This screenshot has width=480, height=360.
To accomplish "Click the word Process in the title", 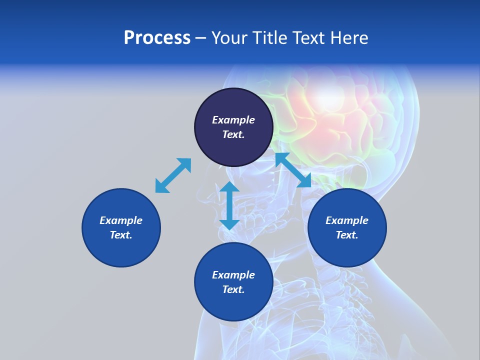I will [157, 38].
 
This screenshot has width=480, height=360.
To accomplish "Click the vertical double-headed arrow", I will [229, 205].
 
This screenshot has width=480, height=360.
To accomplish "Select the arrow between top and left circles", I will [173, 175].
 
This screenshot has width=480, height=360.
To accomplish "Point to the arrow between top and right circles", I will [293, 170].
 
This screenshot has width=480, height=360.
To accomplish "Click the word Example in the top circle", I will [233, 120].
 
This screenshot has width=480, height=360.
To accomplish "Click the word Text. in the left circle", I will [121, 235].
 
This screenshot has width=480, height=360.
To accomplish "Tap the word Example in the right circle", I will [347, 220].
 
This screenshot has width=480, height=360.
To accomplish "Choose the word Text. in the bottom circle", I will [233, 289].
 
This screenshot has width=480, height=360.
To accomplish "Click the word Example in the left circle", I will [121, 220].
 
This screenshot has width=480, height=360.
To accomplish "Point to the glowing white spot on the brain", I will [330, 97].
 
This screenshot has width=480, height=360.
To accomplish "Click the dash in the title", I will [200, 38].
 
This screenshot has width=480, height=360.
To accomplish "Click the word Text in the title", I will [309, 38].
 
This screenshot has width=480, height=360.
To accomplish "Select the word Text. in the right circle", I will [347, 235].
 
